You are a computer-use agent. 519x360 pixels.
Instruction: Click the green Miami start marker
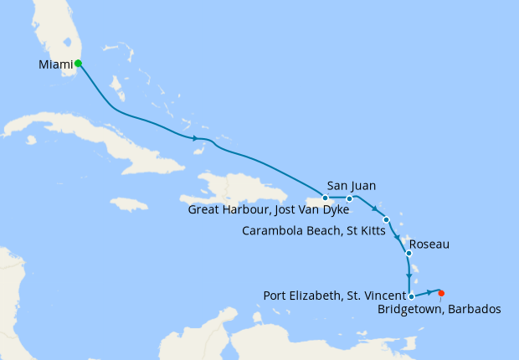click(x=78, y=63)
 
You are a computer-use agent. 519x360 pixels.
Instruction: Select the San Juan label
click(x=351, y=186)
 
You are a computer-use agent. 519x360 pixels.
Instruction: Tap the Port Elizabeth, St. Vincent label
click(x=333, y=295)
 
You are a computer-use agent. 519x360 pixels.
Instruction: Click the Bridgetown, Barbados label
click(x=439, y=309)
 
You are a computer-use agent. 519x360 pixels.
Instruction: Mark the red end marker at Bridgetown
click(x=441, y=292)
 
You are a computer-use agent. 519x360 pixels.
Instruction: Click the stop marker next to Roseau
click(x=408, y=253)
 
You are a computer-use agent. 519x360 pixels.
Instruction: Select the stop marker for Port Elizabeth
click(x=411, y=296)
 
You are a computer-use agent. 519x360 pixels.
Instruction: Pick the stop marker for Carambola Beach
click(x=386, y=219)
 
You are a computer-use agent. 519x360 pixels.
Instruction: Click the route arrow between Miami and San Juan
click(x=196, y=138)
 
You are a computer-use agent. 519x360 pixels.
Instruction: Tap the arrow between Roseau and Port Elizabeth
click(x=408, y=276)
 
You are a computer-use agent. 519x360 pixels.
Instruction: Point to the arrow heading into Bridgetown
click(x=430, y=292)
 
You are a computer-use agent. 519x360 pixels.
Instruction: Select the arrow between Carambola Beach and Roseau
click(x=397, y=237)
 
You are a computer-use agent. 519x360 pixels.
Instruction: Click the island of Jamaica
click(x=129, y=203)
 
